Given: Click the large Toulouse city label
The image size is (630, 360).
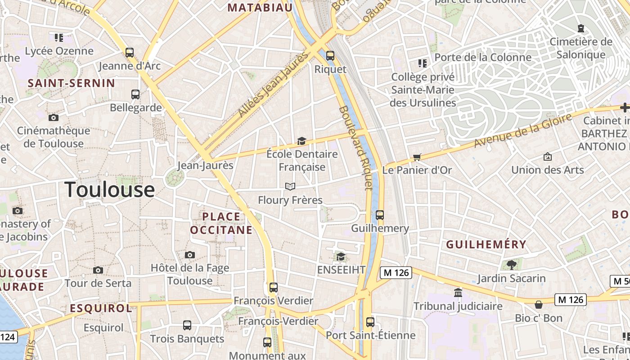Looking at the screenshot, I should click(x=110, y=189).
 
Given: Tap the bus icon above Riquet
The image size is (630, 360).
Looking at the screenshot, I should click(x=330, y=56).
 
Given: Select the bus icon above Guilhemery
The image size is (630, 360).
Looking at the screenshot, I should click(x=380, y=215).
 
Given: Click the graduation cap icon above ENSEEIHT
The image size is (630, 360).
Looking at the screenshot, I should click(x=341, y=256).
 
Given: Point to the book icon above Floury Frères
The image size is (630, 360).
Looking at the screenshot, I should click(x=290, y=186).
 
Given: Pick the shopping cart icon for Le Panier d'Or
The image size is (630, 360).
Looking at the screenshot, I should click(x=417, y=157).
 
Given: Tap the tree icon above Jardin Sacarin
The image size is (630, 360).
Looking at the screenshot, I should click(x=511, y=265).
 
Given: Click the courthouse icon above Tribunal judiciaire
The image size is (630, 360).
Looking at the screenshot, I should click(x=458, y=292).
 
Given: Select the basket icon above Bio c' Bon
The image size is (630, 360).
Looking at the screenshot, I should click(x=539, y=305).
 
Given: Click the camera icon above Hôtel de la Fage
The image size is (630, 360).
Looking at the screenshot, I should click(x=189, y=255).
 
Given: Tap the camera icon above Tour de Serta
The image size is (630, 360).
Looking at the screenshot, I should click(x=98, y=270).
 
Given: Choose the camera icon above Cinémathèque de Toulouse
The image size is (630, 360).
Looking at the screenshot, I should click(x=54, y=117).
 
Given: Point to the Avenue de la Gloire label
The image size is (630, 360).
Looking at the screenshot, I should click(x=523, y=131).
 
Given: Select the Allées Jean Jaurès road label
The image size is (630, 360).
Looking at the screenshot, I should click(x=274, y=84).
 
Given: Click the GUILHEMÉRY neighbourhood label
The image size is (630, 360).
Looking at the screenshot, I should click(x=486, y=244).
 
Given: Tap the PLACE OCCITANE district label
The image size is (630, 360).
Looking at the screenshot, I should click(x=221, y=223).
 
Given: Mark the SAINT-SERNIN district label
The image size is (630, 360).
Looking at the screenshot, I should click(x=72, y=83).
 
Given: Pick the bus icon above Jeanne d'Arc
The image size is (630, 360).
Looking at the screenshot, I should click(x=130, y=52).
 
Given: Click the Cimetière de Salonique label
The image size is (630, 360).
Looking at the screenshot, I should click(x=581, y=48).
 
